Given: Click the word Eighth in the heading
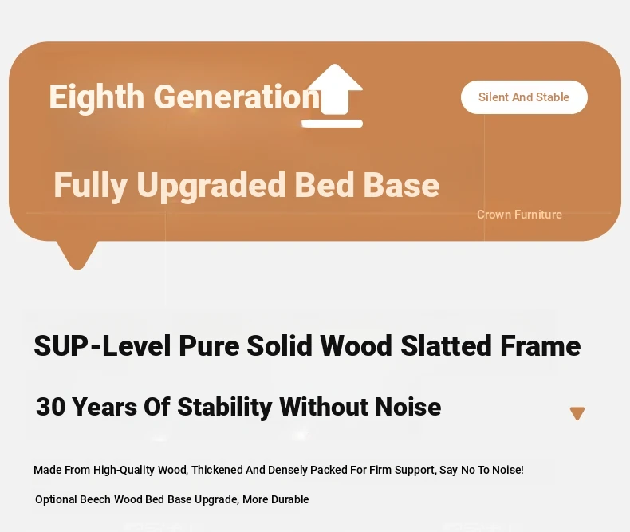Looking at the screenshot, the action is coord(96,97).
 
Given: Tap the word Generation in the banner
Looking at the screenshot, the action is coord(237,97).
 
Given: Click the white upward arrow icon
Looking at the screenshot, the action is coord(333,96).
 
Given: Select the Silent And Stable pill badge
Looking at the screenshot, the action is coord(524,97).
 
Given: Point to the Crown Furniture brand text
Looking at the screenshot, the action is coord(519,215).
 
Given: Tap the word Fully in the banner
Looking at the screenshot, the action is coord(90,186).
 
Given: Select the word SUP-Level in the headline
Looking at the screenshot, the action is coord(102,345).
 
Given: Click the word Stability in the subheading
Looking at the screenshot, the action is coord(224,407).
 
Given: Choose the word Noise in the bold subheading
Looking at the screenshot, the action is coord(408,407).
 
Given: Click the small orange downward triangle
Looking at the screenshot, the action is coord(577,413).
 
